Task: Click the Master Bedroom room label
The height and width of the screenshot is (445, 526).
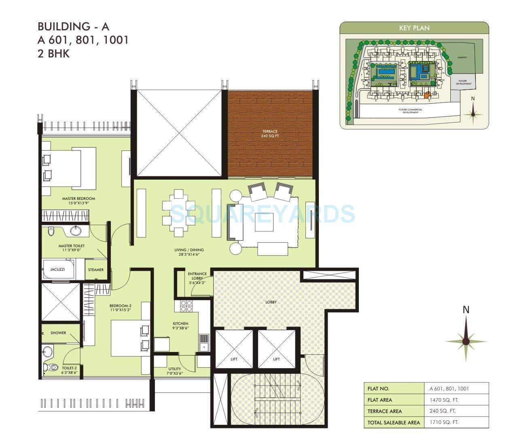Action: click(x=78, y=201)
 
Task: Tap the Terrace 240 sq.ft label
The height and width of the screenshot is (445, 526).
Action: click(x=269, y=134)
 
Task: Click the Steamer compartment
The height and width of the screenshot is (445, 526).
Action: click(x=96, y=270)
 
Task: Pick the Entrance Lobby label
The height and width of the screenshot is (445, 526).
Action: click(x=197, y=278)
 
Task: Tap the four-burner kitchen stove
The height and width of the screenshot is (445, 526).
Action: click(x=186, y=306)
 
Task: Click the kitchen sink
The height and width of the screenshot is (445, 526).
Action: click(x=204, y=342)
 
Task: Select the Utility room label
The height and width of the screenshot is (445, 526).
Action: click(x=175, y=371)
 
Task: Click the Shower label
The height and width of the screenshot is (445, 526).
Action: click(x=58, y=333)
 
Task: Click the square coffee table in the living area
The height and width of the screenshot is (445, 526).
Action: click(x=264, y=222)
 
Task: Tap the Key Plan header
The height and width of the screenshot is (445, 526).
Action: click(x=414, y=28)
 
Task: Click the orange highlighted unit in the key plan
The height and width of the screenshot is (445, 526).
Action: click(x=426, y=95)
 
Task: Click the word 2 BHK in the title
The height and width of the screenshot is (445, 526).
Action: click(x=53, y=53)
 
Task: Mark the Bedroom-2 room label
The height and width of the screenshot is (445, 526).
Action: click(x=120, y=308)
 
